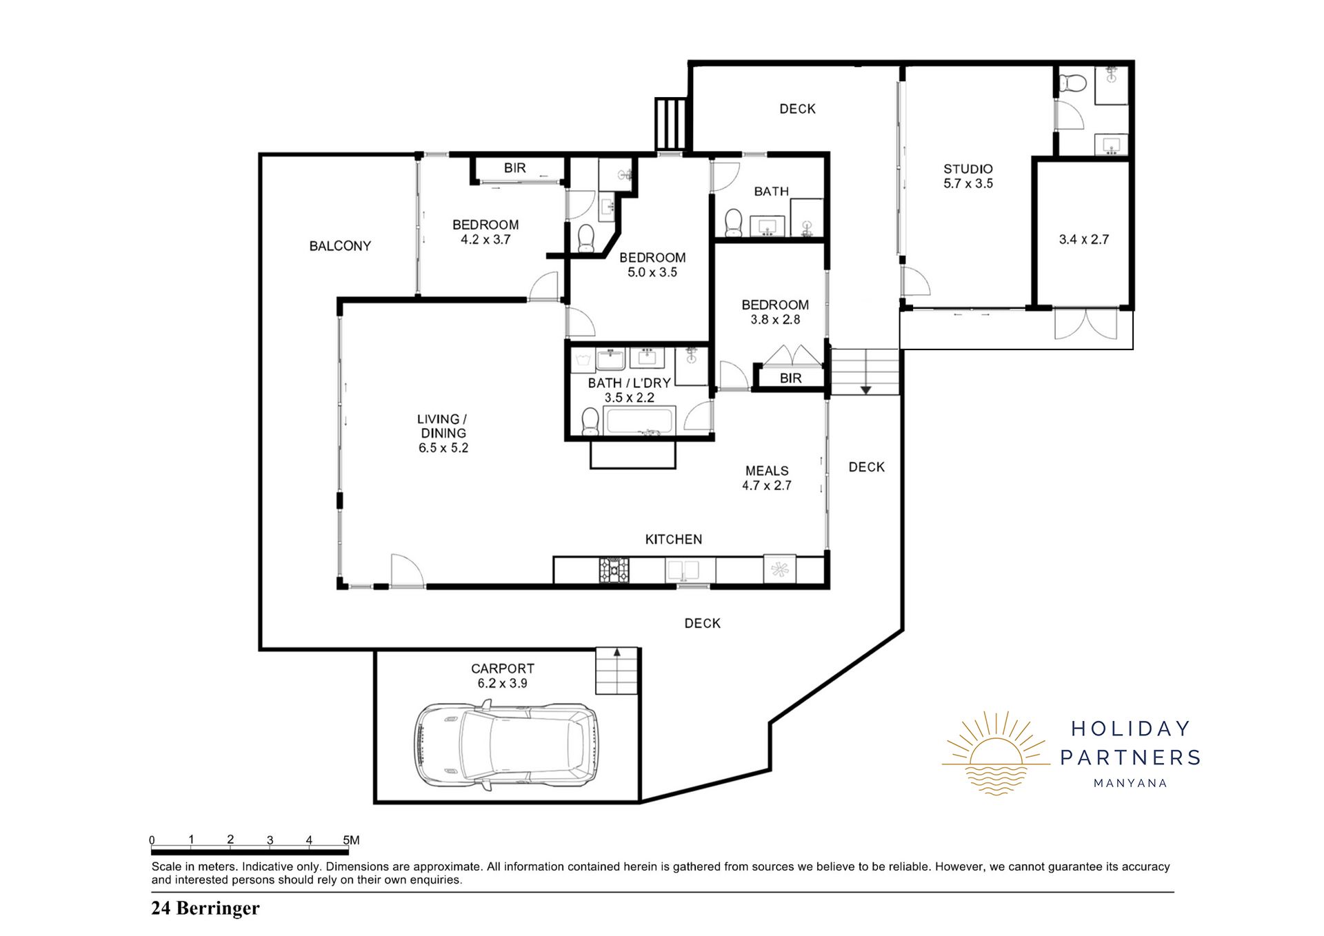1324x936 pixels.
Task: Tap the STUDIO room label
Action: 968,169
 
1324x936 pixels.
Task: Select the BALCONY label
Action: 340,246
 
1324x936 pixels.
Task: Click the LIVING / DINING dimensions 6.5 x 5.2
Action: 443,448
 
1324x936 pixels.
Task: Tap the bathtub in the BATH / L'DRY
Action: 639,421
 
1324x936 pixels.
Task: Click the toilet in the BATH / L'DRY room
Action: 590,421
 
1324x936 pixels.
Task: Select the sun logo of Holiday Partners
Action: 996,753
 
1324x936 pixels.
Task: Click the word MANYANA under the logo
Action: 1130,783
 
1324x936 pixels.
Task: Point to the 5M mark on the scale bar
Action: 351,840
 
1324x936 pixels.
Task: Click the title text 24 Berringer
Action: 205,908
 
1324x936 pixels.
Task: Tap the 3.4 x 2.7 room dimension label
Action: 1084,240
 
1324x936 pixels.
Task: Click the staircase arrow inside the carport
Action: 617,652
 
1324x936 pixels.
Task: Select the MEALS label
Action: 767,471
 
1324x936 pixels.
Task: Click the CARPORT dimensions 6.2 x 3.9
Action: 503,684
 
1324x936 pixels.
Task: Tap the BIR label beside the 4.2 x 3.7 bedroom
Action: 514,168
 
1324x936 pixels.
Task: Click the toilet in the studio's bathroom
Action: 1072,84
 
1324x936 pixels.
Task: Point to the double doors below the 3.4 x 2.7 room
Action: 1086,324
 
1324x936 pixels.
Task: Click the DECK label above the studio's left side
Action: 797,109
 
